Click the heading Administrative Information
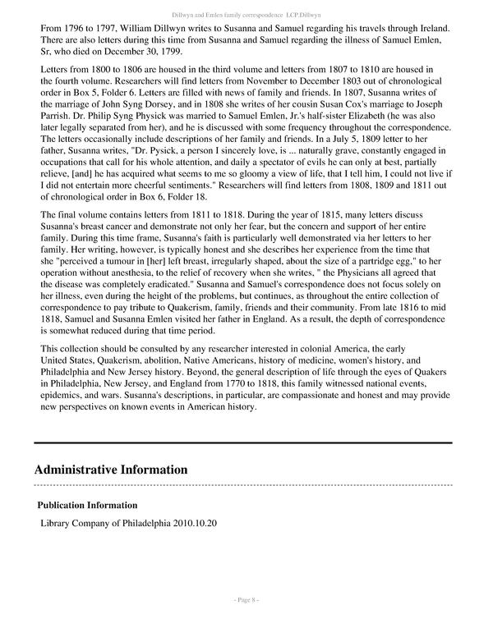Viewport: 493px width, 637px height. point(111,470)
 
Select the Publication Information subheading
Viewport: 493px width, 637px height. point(87,505)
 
